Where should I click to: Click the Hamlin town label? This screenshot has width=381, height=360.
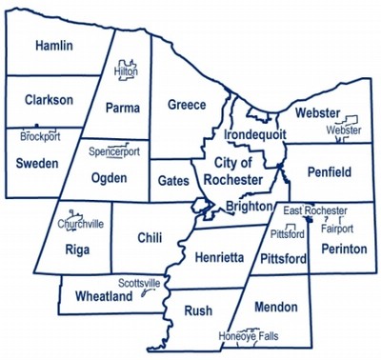point(54,46)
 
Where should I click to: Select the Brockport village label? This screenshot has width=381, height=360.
point(40,136)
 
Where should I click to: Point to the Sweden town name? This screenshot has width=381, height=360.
point(37,163)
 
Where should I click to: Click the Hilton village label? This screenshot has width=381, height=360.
point(126,70)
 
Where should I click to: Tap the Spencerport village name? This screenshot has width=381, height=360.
point(113,151)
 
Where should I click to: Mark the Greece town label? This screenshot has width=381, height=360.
point(187,104)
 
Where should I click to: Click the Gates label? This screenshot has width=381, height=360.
point(173,179)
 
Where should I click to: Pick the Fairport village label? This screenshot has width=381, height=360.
point(337,229)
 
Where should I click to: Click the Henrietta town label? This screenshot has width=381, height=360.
point(219,257)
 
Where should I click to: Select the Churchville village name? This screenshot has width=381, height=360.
point(81,224)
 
